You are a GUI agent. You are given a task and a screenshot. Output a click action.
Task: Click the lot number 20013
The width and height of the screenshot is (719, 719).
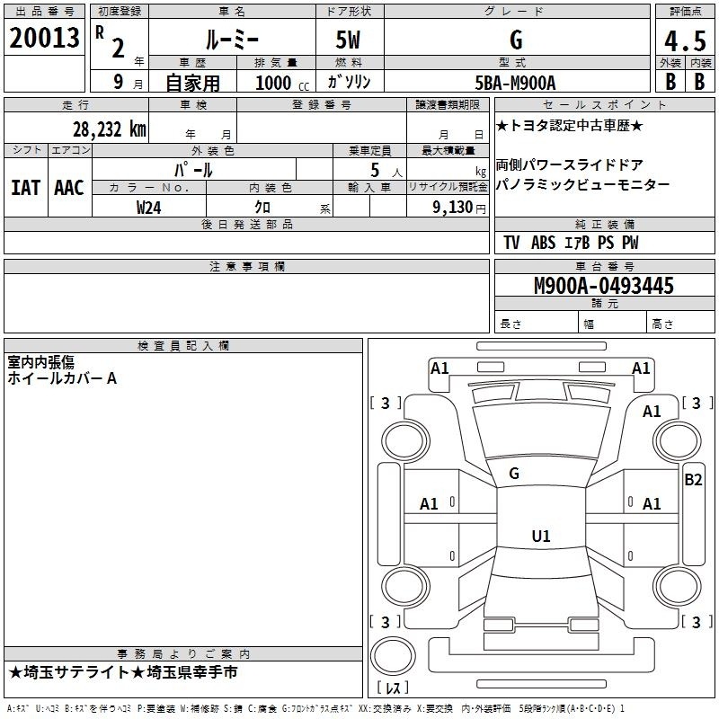pos(44,38)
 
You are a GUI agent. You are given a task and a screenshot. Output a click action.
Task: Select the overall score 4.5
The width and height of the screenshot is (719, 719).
pos(685,41)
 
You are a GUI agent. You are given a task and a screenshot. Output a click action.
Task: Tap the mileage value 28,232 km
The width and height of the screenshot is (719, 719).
pos(110,129)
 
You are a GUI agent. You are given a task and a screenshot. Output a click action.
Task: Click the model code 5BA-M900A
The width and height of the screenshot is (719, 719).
pos(515,83)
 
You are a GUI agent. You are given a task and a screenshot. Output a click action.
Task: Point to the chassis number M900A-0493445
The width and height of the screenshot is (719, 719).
pos(604,286)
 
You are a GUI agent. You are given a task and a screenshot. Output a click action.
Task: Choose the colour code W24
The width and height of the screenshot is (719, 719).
pos(148,208)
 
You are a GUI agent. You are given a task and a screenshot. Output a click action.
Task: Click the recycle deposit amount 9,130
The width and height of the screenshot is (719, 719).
pos(453,208)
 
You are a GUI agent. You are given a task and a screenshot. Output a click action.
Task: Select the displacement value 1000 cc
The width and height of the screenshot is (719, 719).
pos(282,83)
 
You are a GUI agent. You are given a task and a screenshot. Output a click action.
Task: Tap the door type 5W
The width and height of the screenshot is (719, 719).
pos(348,40)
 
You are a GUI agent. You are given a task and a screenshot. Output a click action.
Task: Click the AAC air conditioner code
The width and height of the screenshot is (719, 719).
pos(69,188)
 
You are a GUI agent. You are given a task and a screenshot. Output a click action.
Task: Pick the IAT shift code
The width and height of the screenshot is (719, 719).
pos(26,188)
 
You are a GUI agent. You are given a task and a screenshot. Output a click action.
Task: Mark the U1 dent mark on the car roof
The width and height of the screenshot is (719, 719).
pos(541,536)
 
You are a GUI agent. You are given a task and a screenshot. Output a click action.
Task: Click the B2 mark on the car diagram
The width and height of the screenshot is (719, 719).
pos(693,480)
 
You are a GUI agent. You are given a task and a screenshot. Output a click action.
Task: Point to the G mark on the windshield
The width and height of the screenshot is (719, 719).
pos(514,474)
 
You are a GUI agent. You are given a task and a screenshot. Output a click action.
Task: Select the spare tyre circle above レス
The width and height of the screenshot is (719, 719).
pos(393,656)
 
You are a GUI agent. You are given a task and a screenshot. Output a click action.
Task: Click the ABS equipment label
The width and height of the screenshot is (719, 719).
pos(544,243)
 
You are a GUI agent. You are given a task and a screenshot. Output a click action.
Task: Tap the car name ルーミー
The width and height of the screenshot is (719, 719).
pos(232,40)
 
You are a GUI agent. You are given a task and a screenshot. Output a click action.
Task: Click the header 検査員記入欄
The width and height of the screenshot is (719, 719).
pos(183,346)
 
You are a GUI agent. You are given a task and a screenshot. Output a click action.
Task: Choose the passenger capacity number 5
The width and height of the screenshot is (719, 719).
pos(375,171)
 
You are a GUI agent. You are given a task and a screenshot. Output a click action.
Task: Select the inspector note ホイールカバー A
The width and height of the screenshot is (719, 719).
pos(62,378)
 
